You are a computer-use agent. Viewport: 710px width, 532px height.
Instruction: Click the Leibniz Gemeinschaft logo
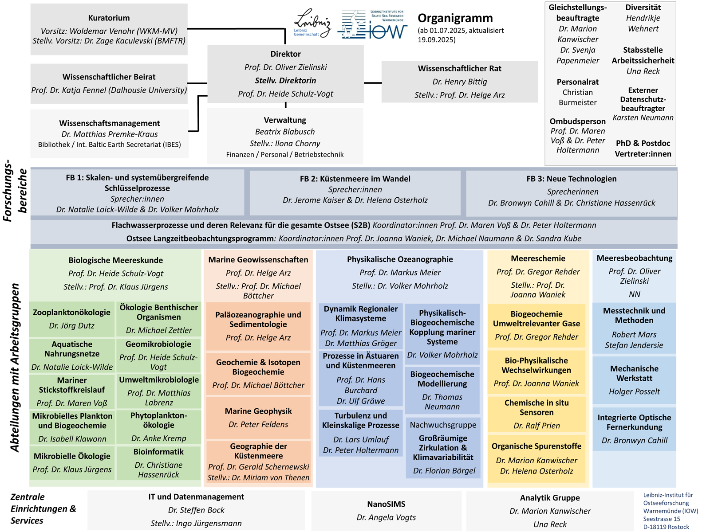[x=312, y=23]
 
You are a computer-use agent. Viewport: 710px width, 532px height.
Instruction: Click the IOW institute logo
[x=373, y=25]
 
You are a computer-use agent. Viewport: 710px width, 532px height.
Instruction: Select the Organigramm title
[x=455, y=18]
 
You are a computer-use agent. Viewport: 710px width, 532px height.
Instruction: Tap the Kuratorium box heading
[x=109, y=18]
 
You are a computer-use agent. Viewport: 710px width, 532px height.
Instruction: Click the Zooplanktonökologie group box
[x=72, y=319]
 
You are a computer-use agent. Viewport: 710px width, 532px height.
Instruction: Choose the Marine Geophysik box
[x=258, y=418]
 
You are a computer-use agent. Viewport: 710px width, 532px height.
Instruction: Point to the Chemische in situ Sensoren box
[x=536, y=414]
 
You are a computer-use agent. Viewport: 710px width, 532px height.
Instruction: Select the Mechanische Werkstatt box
[x=634, y=379]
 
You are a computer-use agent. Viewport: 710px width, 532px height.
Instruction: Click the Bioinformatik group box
[x=158, y=463]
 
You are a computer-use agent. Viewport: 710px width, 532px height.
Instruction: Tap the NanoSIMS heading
[x=386, y=504]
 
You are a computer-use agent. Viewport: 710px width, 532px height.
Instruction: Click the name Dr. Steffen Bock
[x=196, y=510]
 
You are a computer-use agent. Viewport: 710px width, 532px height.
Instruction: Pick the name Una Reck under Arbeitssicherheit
[x=643, y=71]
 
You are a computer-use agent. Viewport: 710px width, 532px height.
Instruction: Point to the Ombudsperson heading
[x=577, y=121]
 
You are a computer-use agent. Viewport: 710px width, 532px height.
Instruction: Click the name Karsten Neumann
[x=643, y=118]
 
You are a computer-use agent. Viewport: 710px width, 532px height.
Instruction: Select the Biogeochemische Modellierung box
[x=442, y=390]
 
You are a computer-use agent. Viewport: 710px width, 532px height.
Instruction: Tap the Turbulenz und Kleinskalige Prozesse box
[x=361, y=432]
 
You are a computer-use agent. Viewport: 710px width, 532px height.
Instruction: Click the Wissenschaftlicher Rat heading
[x=459, y=69]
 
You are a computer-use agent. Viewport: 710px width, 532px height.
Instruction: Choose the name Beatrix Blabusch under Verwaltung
[x=285, y=132]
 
